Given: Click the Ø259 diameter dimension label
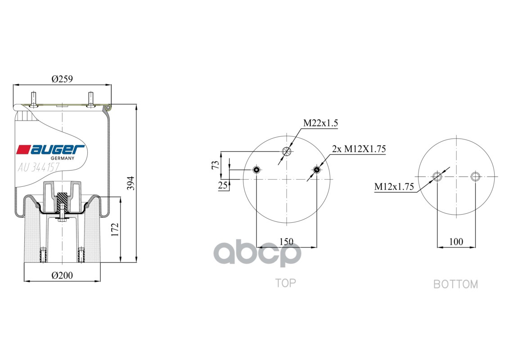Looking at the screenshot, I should pyautogui.click(x=62, y=79).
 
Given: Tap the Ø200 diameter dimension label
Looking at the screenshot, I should pyautogui.click(x=62, y=275).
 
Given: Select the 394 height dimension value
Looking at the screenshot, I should pyautogui.click(x=131, y=183).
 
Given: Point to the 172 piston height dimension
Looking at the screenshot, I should pyautogui.click(x=115, y=230).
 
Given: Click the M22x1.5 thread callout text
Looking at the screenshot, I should pyautogui.click(x=320, y=123).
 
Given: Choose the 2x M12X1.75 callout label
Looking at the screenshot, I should pyautogui.click(x=359, y=149).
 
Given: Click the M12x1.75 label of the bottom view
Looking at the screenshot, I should pyautogui.click(x=394, y=187).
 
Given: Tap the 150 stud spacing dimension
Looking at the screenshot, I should pyautogui.click(x=286, y=242).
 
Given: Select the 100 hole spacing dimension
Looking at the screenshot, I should pyautogui.click(x=456, y=242).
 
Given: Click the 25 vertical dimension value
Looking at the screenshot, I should pyautogui.click(x=223, y=185).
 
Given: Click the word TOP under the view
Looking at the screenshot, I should pyautogui.click(x=285, y=283).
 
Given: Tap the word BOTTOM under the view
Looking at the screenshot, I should pyautogui.click(x=455, y=284).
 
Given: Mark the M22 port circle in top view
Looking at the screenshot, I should pyautogui.click(x=286, y=151).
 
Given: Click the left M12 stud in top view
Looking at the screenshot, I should pyautogui.click(x=257, y=170).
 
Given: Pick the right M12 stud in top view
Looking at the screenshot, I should pyautogui.click(x=316, y=170).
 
